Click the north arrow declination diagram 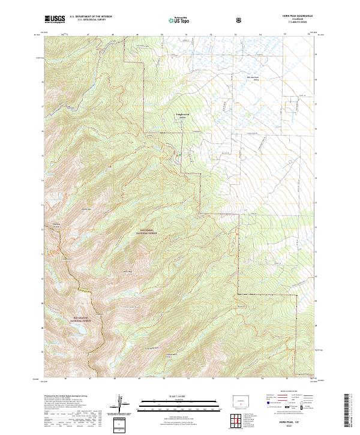point(122,405)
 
